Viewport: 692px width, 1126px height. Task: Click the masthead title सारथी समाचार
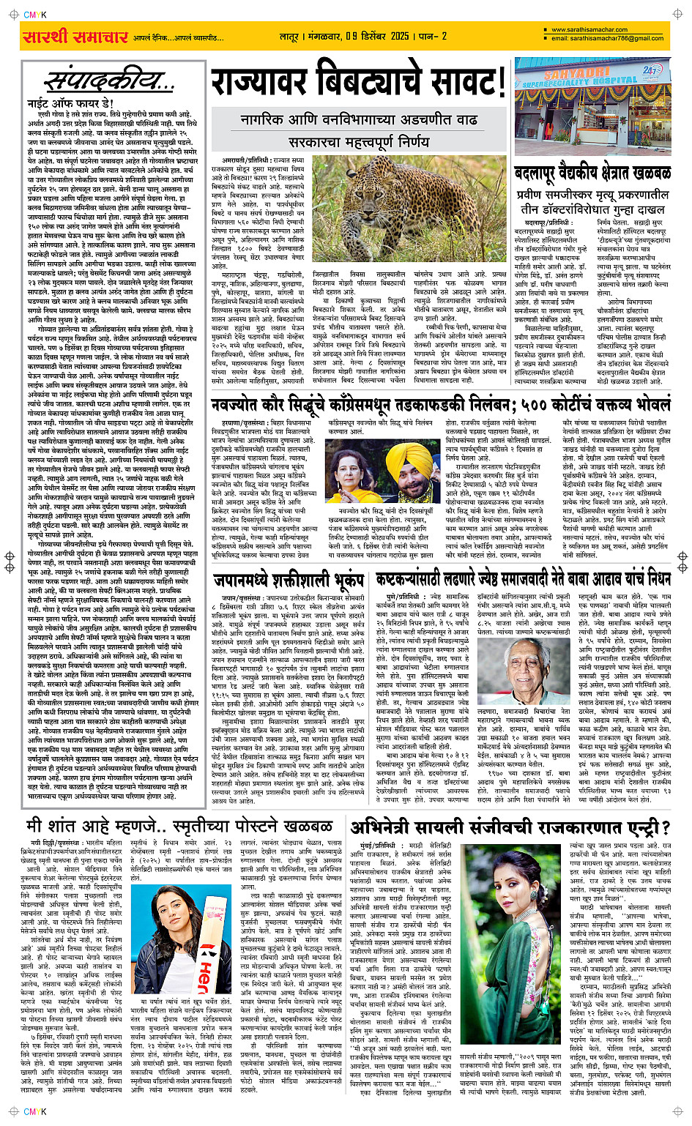pos(75,36)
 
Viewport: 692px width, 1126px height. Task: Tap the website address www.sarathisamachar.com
pos(589,30)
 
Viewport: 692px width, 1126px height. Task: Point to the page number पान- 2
pos(433,36)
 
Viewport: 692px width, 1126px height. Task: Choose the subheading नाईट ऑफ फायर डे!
pos(70,103)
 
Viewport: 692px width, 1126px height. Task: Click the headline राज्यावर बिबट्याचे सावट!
pos(358,81)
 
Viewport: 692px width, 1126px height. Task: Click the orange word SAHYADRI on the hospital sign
pos(579,75)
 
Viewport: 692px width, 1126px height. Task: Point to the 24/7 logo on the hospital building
pos(651,71)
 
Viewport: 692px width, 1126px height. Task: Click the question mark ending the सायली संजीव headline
pos(665,827)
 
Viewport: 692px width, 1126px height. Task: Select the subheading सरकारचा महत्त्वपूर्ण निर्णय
pos(359,141)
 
